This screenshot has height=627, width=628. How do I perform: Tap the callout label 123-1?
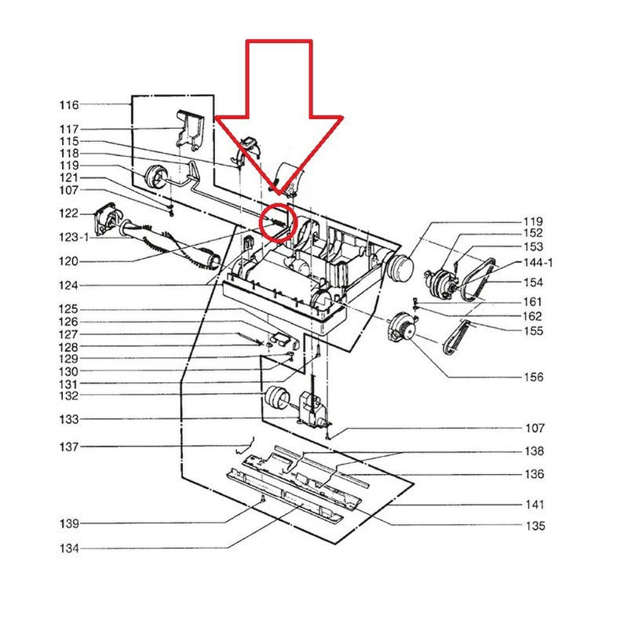(x=73, y=236)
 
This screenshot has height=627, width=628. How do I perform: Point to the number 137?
(x=68, y=447)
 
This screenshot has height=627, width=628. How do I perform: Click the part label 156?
(x=533, y=377)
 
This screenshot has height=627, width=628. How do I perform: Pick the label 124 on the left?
(x=68, y=286)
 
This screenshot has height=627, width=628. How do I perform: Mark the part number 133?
(x=68, y=420)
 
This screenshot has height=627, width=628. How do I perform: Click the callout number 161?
(x=532, y=301)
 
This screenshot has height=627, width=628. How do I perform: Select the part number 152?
(x=532, y=233)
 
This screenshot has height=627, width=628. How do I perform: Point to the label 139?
(x=68, y=523)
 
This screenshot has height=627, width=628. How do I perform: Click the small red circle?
(x=278, y=222)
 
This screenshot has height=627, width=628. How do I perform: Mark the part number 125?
(x=68, y=310)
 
